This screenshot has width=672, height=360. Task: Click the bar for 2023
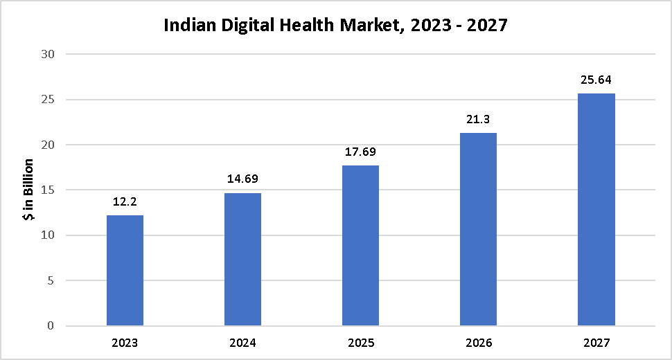pyautogui.click(x=125, y=270)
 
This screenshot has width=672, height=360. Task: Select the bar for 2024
pyautogui.click(x=242, y=259)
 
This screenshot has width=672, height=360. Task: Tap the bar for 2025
pyautogui.click(x=360, y=245)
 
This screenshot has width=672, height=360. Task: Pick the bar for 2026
pyautogui.click(x=478, y=229)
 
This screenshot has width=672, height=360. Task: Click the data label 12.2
pyautogui.click(x=125, y=202)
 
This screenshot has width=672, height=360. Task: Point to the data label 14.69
pyautogui.click(x=242, y=179)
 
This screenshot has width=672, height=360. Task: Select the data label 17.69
pyautogui.click(x=360, y=152)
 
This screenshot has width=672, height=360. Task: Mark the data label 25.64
pyautogui.click(x=596, y=80)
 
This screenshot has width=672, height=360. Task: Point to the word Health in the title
pyautogui.click(x=301, y=26)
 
